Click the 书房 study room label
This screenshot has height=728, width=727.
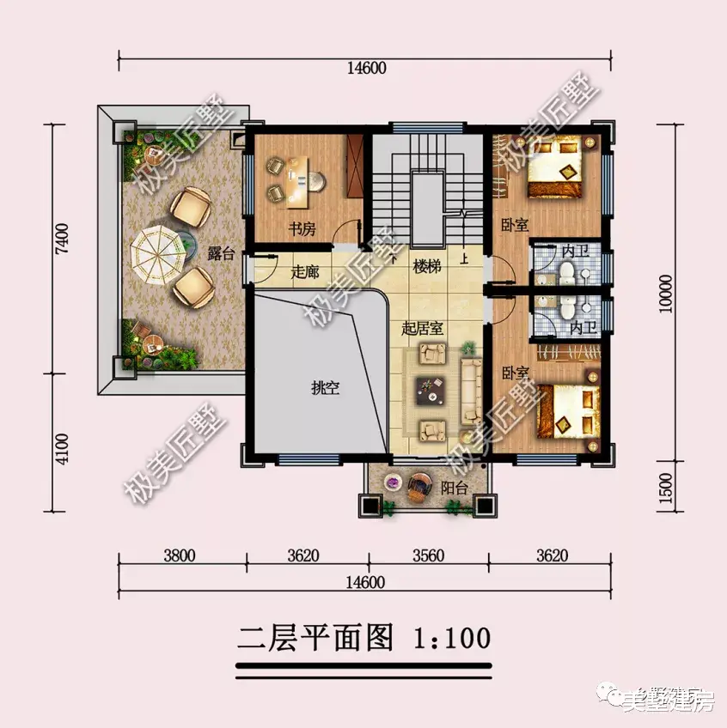tap(299, 230)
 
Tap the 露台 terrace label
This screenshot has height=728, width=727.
tap(220, 254)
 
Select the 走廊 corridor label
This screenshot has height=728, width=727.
tap(304, 272)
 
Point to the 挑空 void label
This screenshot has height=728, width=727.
tap(325, 388)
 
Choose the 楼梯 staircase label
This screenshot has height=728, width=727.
tap(426, 267)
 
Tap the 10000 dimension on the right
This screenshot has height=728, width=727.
tap(668, 293)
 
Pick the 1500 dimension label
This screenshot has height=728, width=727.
tap(668, 488)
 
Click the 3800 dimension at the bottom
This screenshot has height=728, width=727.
tap(179, 555)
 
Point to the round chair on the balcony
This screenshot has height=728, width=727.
tap(419, 488)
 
